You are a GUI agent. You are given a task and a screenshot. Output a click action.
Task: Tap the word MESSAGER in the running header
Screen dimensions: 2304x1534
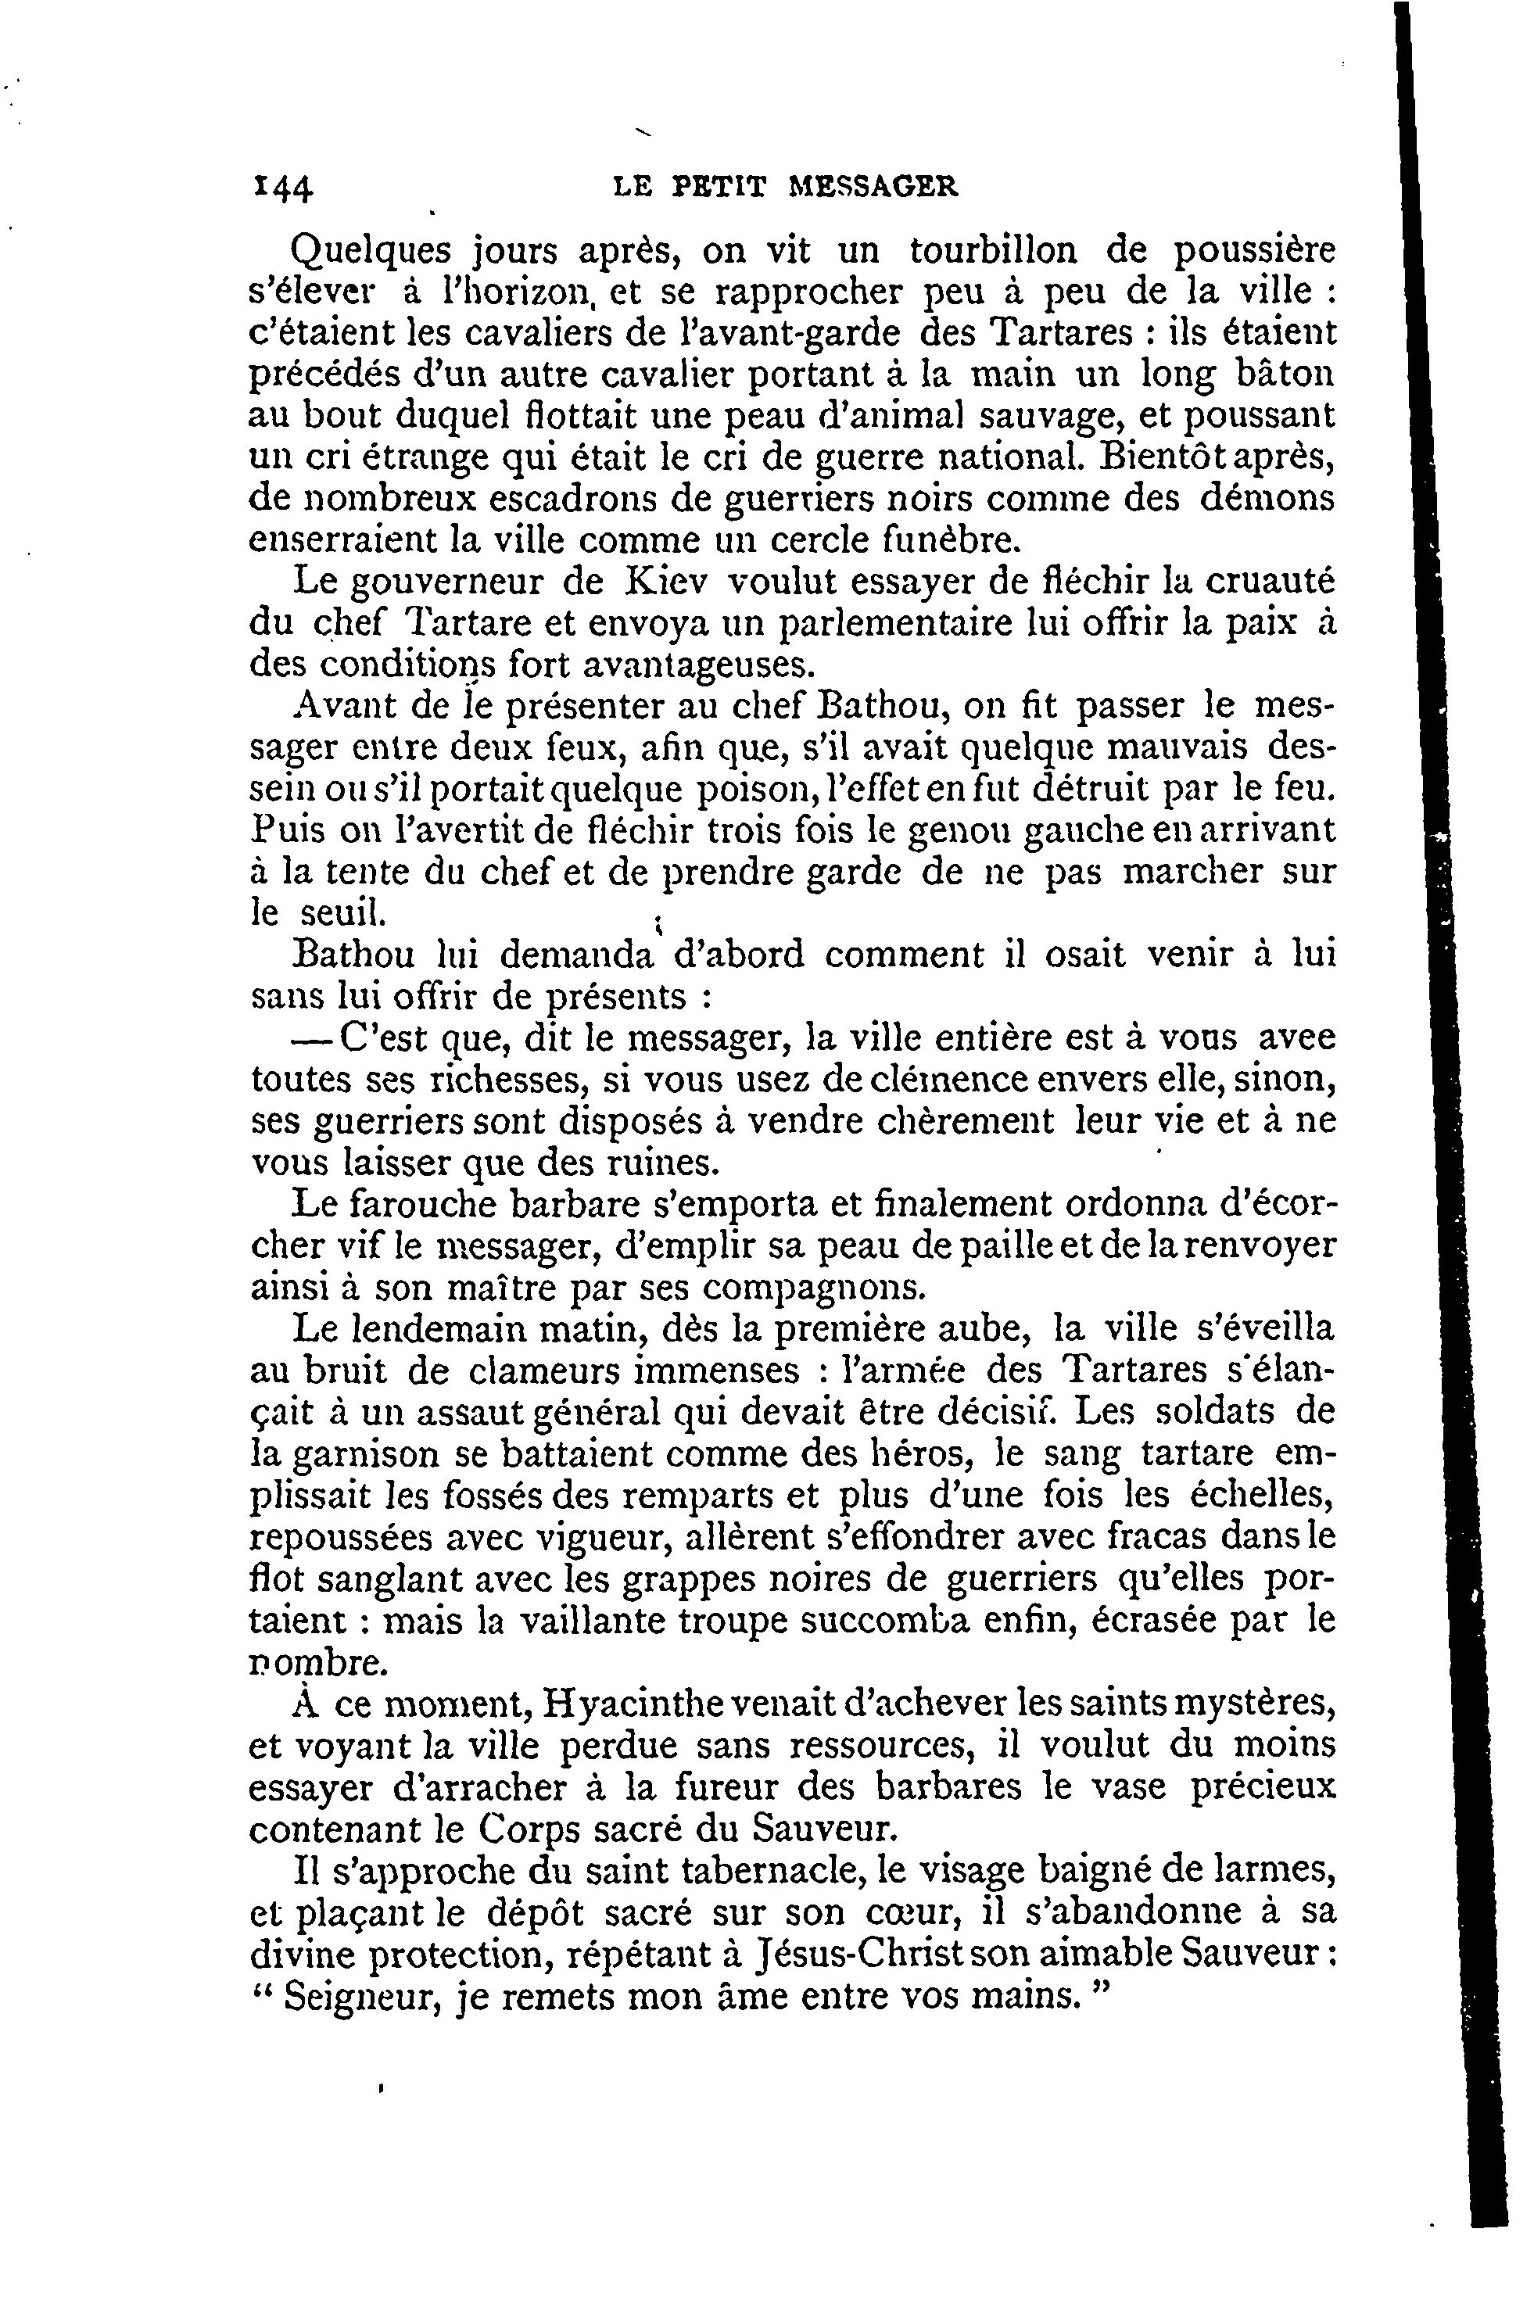click(x=873, y=186)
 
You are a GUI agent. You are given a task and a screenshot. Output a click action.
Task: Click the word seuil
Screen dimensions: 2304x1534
click(x=342, y=912)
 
